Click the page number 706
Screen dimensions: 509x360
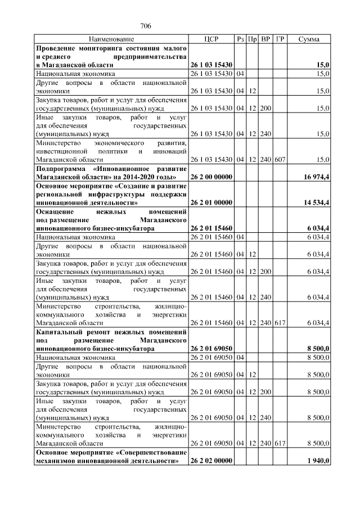pos(146,26)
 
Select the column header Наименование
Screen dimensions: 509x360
pos(111,39)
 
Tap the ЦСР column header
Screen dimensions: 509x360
pos(211,39)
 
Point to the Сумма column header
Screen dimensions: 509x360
pos(309,39)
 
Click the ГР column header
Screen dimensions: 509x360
pos(280,39)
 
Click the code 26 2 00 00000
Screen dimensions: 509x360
pos(211,177)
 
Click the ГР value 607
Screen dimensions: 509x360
pos(280,160)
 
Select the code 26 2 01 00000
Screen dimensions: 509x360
pos(211,201)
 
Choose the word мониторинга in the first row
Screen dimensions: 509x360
pos(100,48)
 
